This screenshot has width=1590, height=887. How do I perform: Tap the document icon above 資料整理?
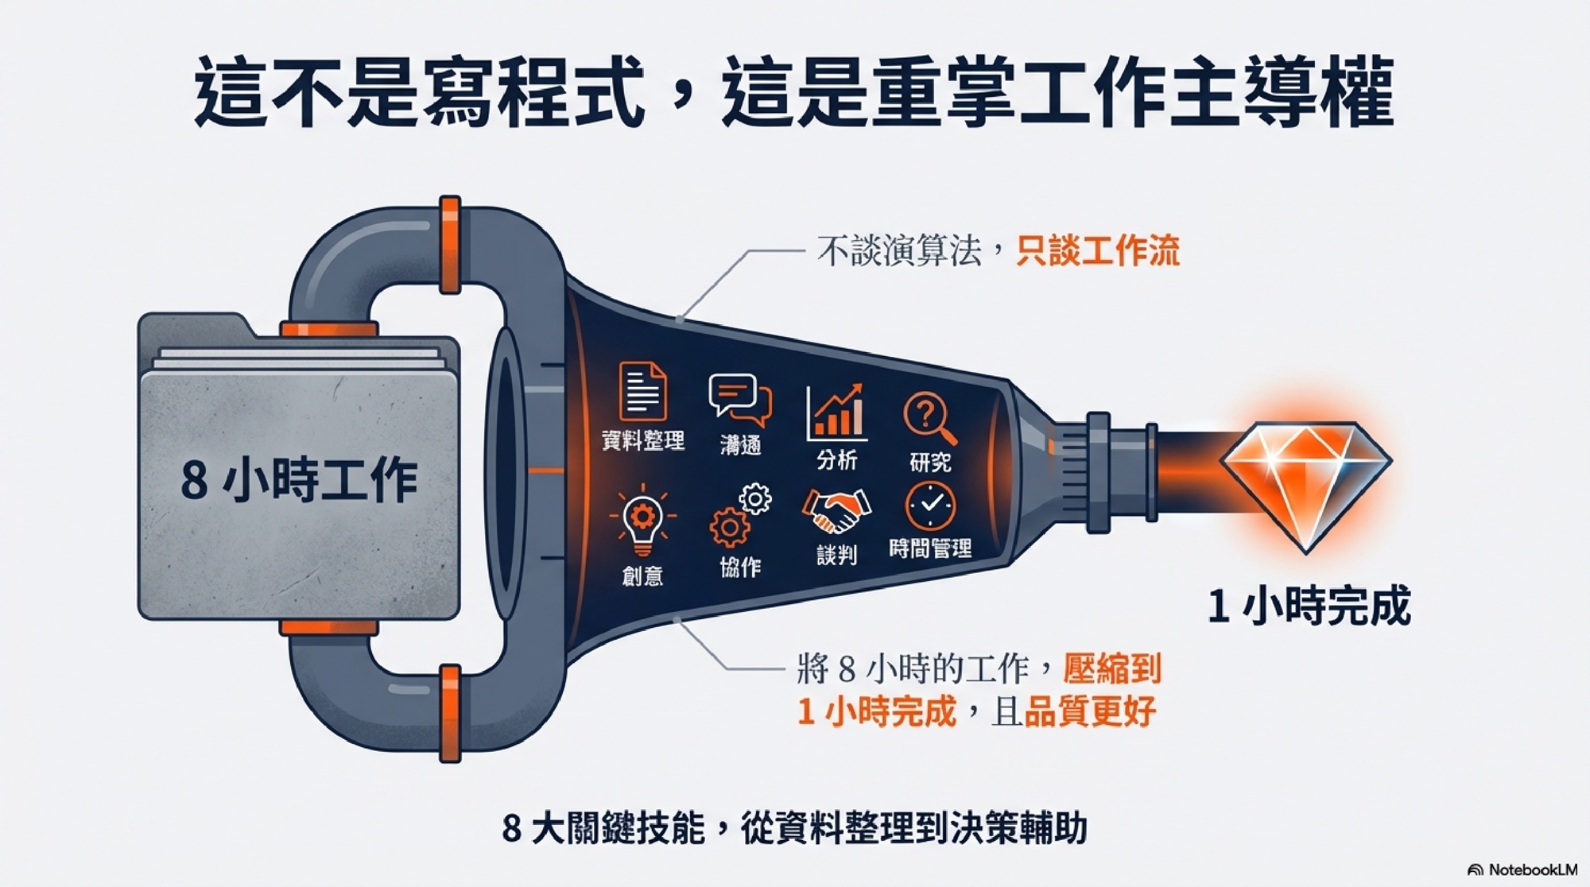[x=642, y=391]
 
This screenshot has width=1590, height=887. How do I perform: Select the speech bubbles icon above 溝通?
[x=740, y=401]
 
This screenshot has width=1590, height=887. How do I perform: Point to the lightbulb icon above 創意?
[x=642, y=521]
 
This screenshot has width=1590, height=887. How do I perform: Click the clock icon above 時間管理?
[x=930, y=505]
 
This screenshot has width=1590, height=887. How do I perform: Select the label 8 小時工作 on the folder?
[x=299, y=480]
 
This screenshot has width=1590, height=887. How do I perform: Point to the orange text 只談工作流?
[x=1098, y=251]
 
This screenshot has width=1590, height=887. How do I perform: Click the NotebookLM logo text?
[x=1522, y=870]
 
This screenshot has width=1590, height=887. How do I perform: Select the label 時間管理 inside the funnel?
[x=930, y=548]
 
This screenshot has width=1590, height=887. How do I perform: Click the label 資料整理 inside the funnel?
[x=643, y=440]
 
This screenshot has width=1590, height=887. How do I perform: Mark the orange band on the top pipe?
[x=450, y=245]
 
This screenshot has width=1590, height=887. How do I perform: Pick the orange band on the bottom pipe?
[x=450, y=713]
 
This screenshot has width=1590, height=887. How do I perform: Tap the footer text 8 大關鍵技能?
[x=603, y=828]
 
